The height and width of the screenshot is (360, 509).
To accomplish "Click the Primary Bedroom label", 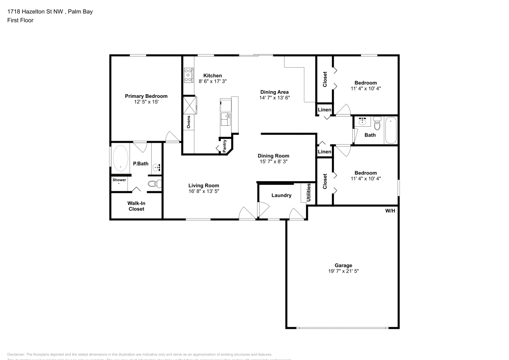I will point(146,96).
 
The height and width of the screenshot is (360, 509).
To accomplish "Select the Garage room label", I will point(343,265).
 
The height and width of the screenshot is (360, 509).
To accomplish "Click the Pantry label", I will point(224,146).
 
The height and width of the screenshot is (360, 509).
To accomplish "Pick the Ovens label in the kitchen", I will point(188,122).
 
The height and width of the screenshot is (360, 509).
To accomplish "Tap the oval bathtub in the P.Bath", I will point(120,159).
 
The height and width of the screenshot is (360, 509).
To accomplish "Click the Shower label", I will point(119,180).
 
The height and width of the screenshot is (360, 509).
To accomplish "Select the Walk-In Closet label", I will point(136,206).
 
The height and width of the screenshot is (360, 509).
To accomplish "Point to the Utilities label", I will point(308,192).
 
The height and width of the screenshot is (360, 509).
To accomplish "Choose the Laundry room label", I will point(281,195).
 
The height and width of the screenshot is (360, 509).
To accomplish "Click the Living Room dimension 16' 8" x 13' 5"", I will point(204,191).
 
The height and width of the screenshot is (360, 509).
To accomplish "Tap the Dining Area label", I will point(274,92).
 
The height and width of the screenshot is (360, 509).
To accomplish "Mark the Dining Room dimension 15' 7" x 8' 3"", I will point(273,162).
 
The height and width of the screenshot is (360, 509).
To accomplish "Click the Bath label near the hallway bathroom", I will point(370,135).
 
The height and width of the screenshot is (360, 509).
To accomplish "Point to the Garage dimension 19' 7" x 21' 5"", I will point(343,271).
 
